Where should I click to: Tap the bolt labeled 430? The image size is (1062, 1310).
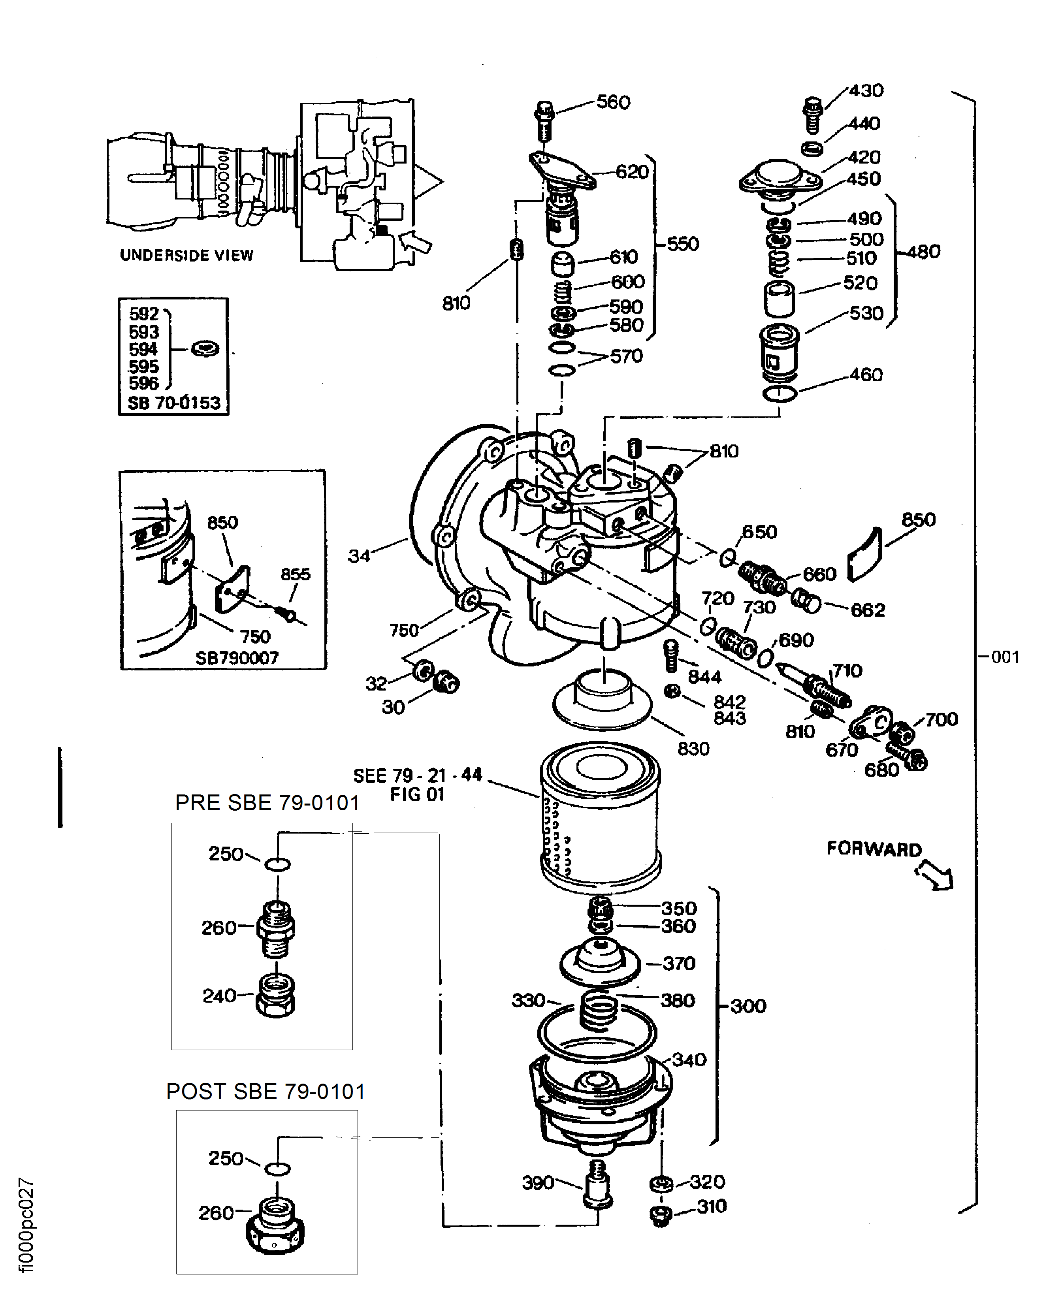[x=812, y=114]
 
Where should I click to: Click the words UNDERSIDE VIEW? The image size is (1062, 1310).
[x=186, y=256]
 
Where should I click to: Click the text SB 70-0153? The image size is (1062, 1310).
[x=174, y=403]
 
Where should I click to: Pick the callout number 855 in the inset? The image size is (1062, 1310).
[x=296, y=574]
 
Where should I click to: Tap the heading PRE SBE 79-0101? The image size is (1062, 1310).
[x=267, y=803]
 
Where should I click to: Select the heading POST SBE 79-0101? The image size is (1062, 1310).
[x=265, y=1092]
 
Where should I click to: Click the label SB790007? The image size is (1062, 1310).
[x=237, y=658]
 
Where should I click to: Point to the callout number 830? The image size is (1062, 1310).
[x=693, y=749]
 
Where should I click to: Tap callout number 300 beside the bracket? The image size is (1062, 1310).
[x=748, y=1006]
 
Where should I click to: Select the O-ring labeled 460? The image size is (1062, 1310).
[x=780, y=393]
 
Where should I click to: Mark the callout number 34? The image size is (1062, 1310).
[x=359, y=556]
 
